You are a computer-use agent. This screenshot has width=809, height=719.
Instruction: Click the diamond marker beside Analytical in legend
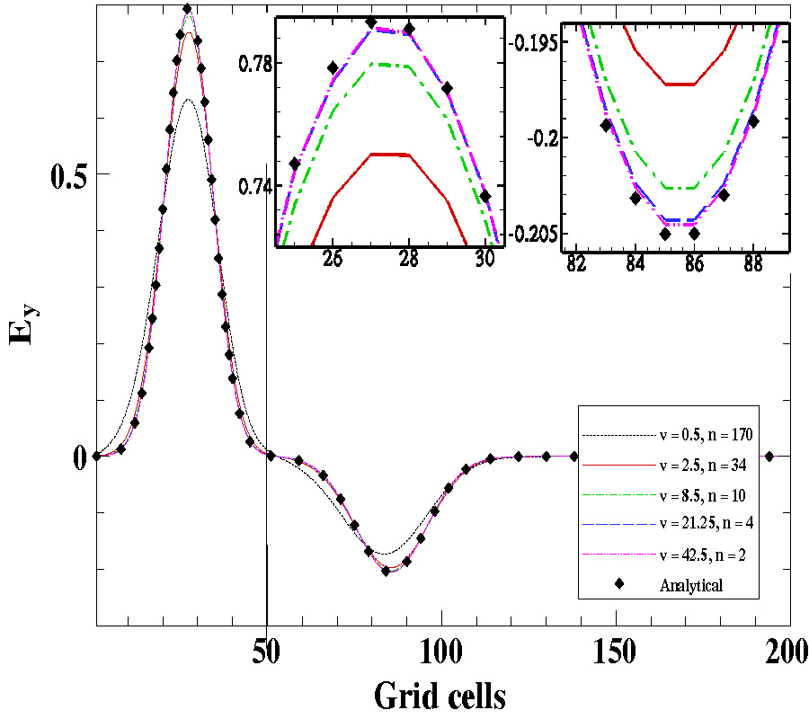click(x=621, y=585)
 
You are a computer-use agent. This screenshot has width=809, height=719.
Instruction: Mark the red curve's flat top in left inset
click(x=390, y=155)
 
